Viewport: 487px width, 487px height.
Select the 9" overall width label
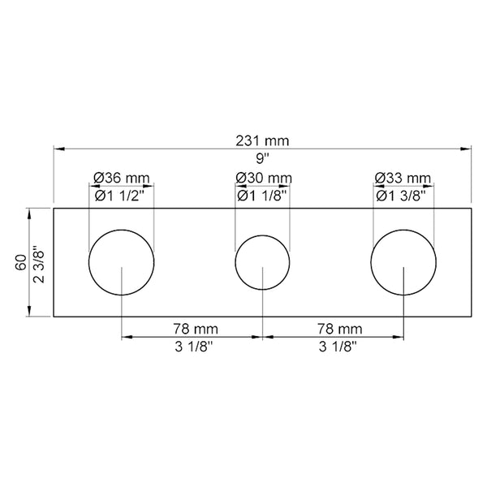(262, 158)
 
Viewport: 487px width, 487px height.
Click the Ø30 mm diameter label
(262, 178)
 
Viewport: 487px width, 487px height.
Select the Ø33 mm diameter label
(403, 178)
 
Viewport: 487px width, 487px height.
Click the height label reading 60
(18, 264)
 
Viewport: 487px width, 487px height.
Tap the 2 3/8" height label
(37, 264)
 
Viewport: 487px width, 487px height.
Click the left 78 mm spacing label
(192, 329)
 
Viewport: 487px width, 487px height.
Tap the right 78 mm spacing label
(333, 329)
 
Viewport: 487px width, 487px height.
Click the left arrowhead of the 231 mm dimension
(58, 149)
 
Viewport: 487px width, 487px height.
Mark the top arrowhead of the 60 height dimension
(30, 213)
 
